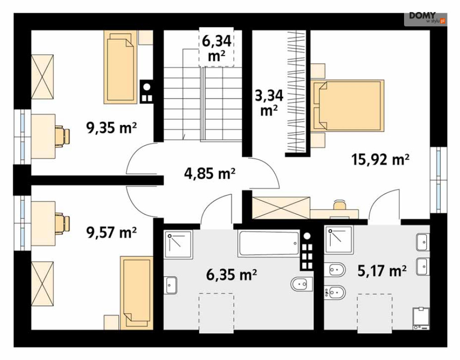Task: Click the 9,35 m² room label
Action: point(111,128)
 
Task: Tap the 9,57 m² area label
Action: point(111,232)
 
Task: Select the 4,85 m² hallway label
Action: point(210,173)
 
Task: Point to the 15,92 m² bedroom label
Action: point(380,160)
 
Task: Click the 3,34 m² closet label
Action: point(269,103)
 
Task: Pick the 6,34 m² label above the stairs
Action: point(216,48)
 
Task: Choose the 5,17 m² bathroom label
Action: point(382,270)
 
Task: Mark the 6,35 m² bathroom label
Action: point(232,274)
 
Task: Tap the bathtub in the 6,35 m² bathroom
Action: point(270,243)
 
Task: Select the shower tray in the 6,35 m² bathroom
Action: point(178,245)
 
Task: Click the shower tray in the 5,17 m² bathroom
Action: point(339,240)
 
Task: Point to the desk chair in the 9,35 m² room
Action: point(63,136)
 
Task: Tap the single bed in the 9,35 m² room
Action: point(120,67)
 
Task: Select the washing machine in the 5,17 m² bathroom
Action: point(421,318)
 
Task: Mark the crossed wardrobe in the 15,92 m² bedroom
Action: point(281,208)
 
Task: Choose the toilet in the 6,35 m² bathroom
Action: point(301,284)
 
